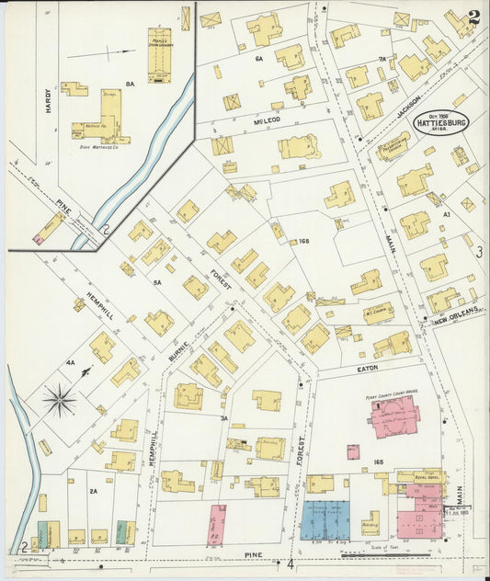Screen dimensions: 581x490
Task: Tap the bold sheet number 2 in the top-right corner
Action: point(473,17)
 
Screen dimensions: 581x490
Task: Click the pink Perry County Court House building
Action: point(395,416)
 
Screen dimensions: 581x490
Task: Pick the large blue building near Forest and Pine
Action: point(325,520)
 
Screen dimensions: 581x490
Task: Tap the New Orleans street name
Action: point(457,315)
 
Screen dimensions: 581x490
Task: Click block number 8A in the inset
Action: point(131,84)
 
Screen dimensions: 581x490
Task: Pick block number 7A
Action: point(382,59)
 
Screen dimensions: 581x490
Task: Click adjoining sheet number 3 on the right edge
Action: point(478,251)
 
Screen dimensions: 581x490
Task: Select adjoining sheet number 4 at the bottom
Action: point(290,563)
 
